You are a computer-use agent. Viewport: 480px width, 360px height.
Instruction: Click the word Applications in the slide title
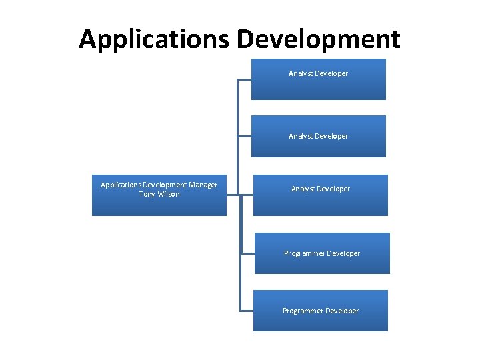coord(154,40)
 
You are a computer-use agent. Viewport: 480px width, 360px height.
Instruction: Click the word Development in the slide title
coord(319,40)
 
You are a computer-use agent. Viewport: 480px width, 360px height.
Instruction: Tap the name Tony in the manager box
coord(147,194)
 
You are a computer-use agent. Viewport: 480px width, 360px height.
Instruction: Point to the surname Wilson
coord(169,194)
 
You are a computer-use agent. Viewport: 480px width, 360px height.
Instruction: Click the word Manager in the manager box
coord(203,185)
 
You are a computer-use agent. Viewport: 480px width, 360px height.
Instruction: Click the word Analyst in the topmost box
coord(301,73)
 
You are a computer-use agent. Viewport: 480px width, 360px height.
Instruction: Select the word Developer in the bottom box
coord(343,311)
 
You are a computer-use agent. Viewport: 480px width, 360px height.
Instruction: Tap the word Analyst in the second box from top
coord(301,136)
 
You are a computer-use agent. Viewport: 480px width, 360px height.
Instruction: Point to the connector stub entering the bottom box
coord(246,311)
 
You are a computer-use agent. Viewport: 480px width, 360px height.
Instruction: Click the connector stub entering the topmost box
coord(244,80)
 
